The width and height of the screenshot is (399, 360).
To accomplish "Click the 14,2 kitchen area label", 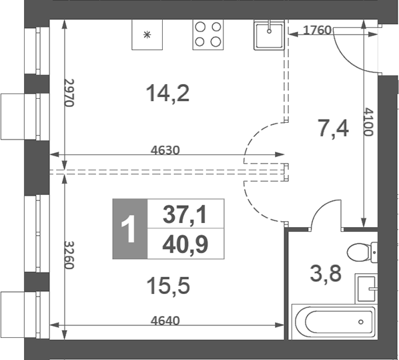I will click(168, 93).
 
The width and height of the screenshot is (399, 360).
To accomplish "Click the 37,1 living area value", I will click(185, 215).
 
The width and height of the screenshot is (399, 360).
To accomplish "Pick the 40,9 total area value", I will click(185, 245).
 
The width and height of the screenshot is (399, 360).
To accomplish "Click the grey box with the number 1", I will click(129, 230).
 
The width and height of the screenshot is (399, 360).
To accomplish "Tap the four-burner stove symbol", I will click(208, 35).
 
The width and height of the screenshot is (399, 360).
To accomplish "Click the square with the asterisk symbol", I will click(148, 35).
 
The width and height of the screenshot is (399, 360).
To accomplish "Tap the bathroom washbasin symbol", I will click(366, 289).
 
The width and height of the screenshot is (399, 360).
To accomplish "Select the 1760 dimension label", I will click(317, 30).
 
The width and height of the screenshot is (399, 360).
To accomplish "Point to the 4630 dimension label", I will click(165, 150).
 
